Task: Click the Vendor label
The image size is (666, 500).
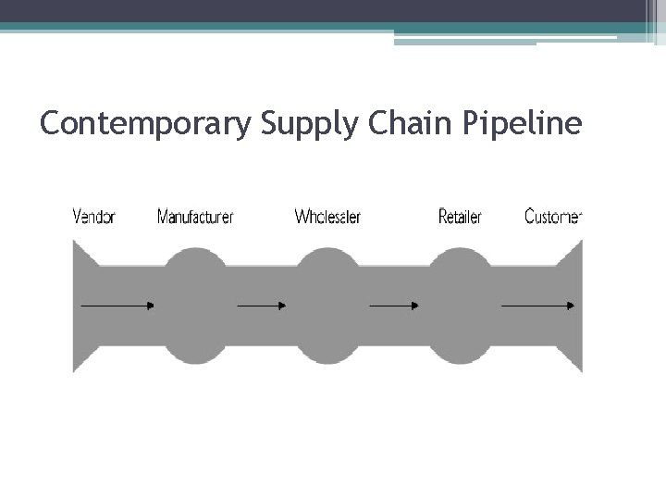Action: [93, 218]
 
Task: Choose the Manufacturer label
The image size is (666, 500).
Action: [195, 218]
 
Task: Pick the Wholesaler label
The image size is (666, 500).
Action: [327, 218]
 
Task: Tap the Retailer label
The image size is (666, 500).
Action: [460, 218]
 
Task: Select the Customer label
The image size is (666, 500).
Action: [553, 218]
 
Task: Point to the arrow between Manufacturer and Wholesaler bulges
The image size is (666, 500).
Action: [263, 305]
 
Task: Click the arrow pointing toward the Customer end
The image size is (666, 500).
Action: [537, 305]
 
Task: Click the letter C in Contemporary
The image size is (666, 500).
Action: [52, 123]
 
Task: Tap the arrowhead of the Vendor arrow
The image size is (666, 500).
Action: [150, 305]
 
